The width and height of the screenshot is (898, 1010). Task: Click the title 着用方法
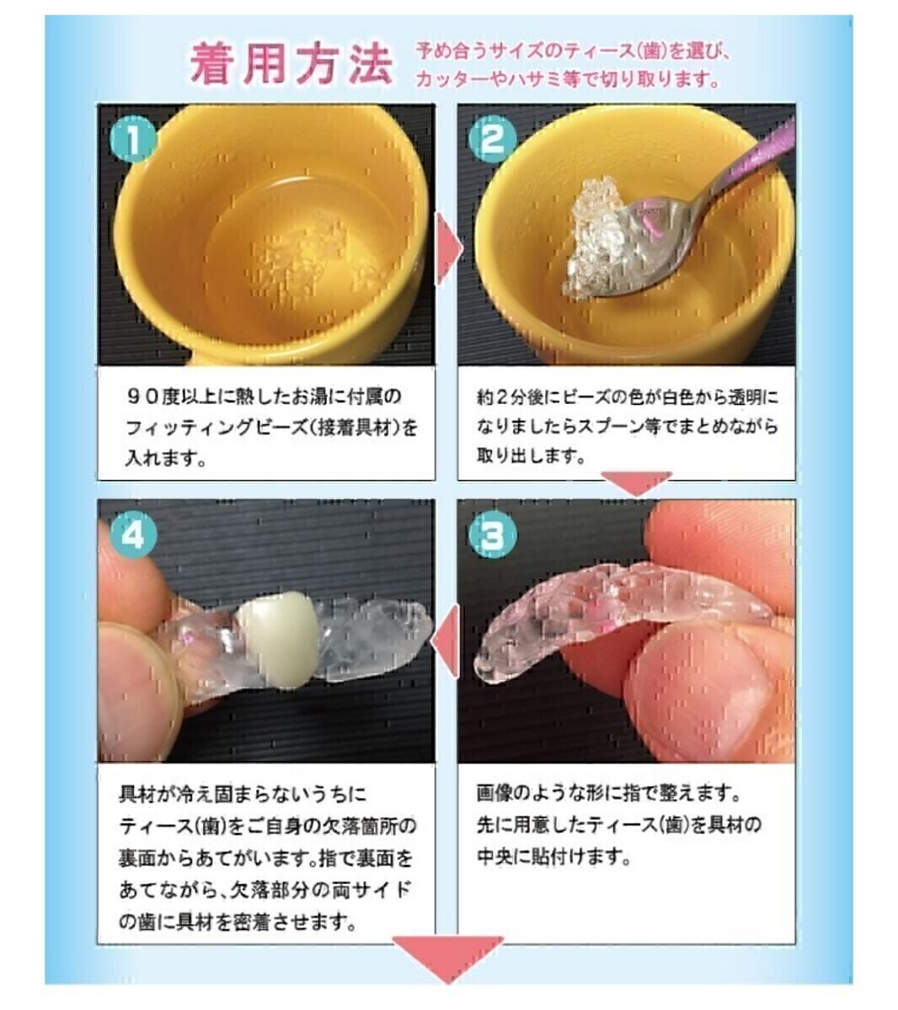pyautogui.click(x=291, y=63)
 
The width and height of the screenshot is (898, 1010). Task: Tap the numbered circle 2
pyautogui.click(x=493, y=139)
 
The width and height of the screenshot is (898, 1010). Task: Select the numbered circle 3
pyautogui.click(x=493, y=534)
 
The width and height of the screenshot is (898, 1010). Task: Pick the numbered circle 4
pyautogui.click(x=133, y=534)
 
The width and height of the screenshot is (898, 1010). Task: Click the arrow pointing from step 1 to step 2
pyautogui.click(x=450, y=248)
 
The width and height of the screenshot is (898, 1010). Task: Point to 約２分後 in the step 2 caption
pyautogui.click(x=518, y=397)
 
